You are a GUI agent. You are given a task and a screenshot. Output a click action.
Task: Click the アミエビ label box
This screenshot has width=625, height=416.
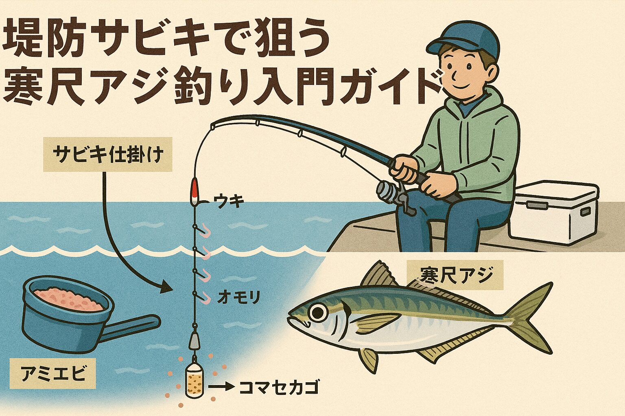[x=53, y=373]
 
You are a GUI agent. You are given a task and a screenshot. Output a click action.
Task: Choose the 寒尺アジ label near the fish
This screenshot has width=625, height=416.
[x=455, y=276]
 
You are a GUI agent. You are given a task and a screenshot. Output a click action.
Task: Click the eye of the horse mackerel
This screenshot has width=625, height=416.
[x=318, y=312]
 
